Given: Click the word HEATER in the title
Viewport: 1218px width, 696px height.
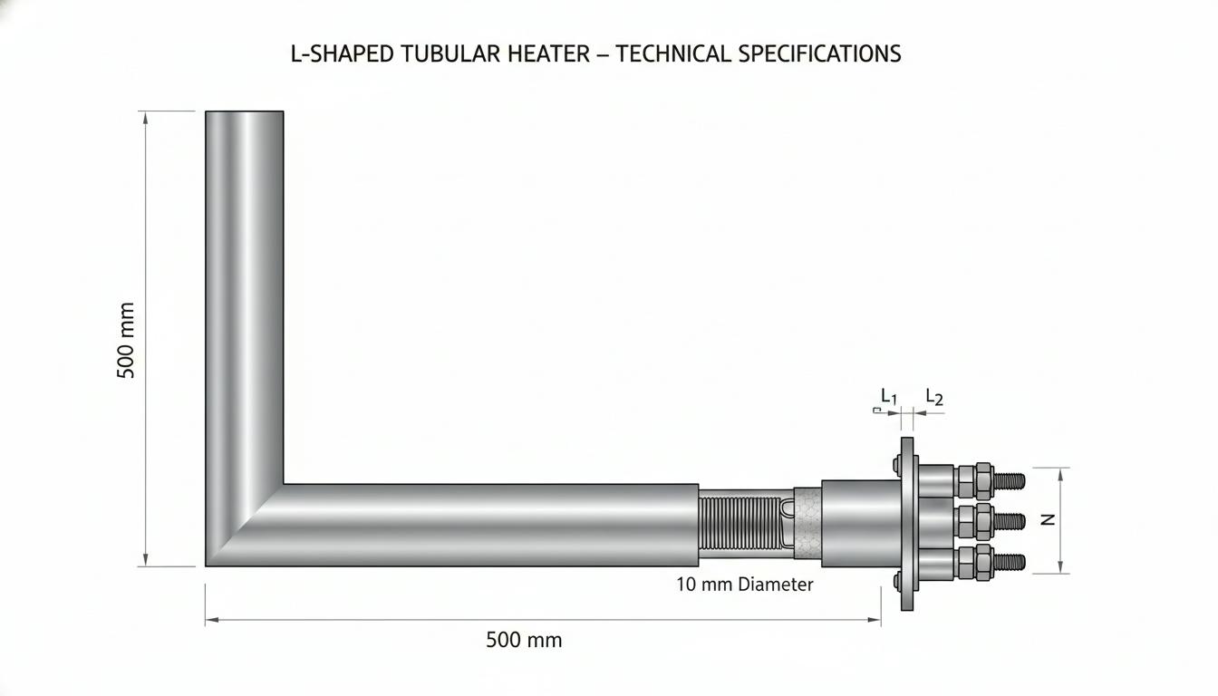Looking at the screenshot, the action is click(548, 53).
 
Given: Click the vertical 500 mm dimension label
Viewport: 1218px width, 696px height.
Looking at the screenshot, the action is click(126, 340).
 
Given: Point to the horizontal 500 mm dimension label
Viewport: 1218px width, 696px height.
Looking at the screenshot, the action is click(524, 640).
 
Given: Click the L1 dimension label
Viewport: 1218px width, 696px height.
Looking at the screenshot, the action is click(888, 396).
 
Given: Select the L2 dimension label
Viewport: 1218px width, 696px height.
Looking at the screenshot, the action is click(934, 397).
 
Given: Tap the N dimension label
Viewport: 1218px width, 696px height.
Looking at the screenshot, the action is click(1048, 519).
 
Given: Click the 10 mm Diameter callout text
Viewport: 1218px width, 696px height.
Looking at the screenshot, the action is click(744, 585).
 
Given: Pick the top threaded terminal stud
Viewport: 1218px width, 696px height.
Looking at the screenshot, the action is click(1010, 481).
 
